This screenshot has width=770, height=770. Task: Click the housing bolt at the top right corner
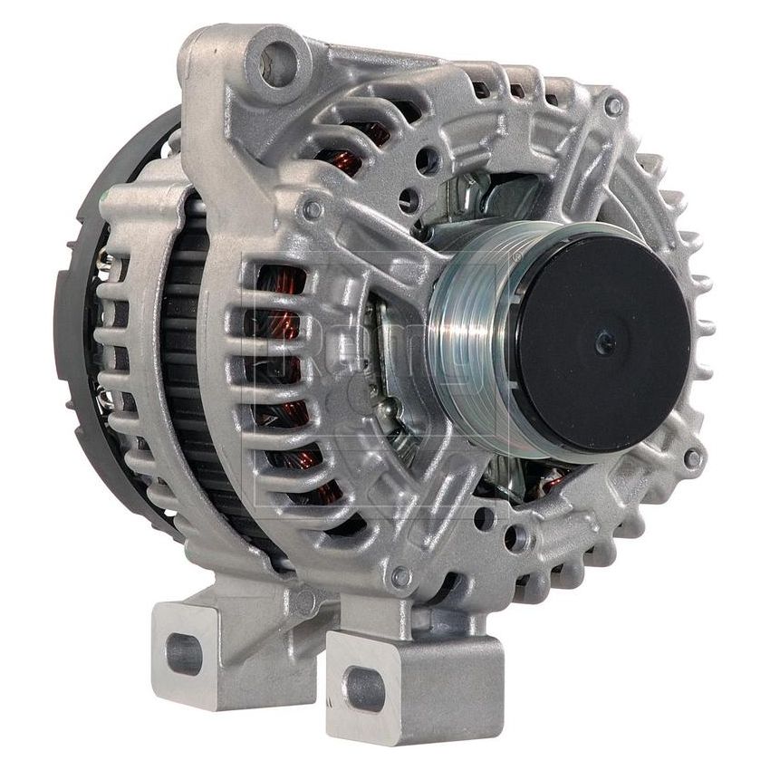click(x=614, y=107)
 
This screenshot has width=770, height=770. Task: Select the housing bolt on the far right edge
click(x=693, y=458)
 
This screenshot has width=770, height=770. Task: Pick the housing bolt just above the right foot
click(x=399, y=576)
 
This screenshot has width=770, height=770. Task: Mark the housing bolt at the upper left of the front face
click(x=313, y=210)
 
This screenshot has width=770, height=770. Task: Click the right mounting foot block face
click(x=417, y=688)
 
